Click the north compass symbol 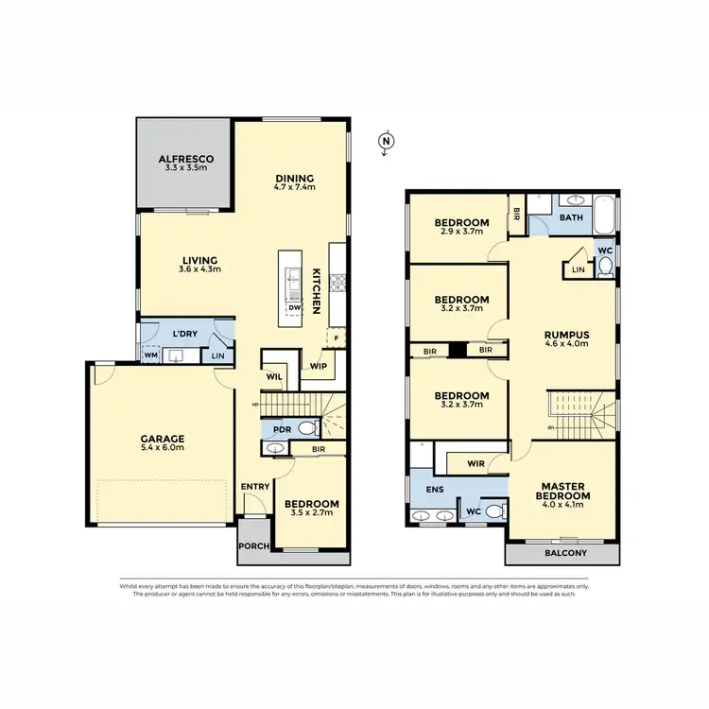click(385, 142)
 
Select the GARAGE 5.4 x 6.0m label click(164, 444)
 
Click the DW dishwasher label click(294, 307)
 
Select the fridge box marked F click(335, 337)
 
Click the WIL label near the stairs click(275, 375)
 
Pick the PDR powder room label click(281, 429)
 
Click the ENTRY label click(255, 487)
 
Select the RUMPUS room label click(566, 338)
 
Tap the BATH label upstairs click(571, 217)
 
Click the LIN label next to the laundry click(218, 355)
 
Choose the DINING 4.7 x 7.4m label click(294, 182)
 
